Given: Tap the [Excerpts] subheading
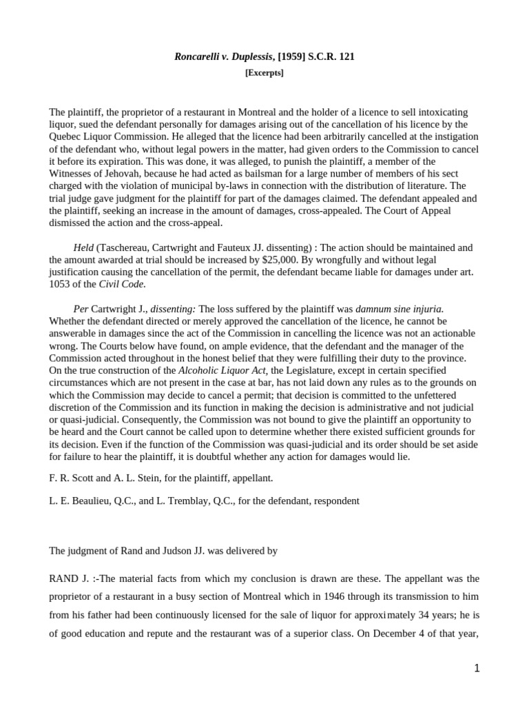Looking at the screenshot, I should pos(264,73).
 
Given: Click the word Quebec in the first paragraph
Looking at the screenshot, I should pos(66,137).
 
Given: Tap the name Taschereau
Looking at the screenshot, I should pos(125,248).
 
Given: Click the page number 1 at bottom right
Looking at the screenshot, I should pos(476,668).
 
